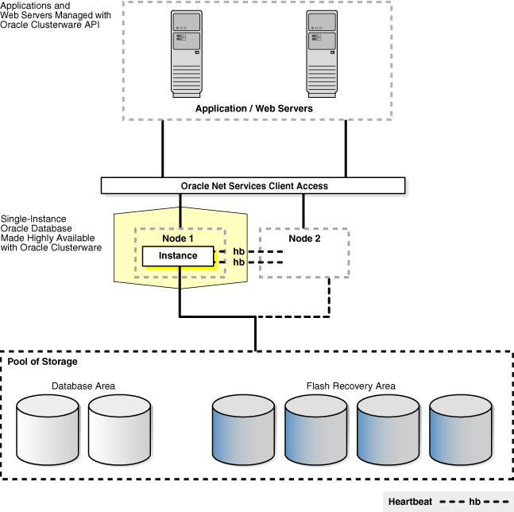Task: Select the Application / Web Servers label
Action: tap(254, 108)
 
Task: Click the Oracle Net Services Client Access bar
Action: tap(253, 186)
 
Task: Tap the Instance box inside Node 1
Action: tap(179, 256)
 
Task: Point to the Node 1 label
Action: tap(180, 237)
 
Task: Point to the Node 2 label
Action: tap(303, 237)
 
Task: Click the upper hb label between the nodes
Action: tap(238, 252)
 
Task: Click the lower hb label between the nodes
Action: tap(238, 262)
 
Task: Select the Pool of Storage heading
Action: tap(43, 362)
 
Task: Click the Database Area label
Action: tap(83, 386)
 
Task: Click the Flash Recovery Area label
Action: tap(350, 386)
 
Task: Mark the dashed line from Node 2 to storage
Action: tap(329, 298)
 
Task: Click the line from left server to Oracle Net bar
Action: tap(163, 149)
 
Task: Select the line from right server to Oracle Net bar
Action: tap(346, 149)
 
